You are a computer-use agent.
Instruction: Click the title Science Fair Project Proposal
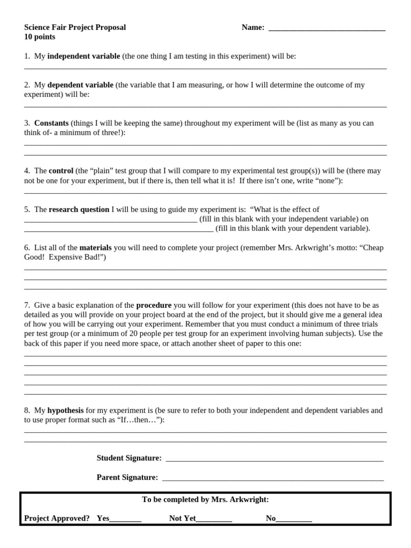(75, 27)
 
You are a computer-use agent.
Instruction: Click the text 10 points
(40, 37)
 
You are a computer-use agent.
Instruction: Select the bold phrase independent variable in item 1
(83, 56)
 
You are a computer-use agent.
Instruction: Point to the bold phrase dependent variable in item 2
(80, 85)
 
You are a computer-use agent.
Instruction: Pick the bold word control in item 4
(61, 171)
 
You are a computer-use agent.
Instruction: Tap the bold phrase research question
(79, 209)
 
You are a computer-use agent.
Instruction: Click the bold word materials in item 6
(96, 248)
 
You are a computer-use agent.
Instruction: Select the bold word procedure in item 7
(154, 305)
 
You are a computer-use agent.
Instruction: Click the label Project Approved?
(57, 518)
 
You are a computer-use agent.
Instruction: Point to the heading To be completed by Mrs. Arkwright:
(205, 499)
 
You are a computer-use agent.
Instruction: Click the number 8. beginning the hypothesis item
(27, 410)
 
